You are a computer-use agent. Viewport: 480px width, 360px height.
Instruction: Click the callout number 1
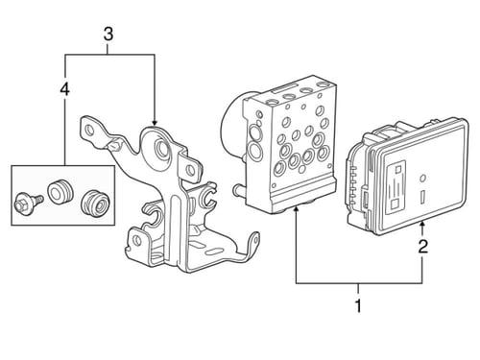click(x=358, y=306)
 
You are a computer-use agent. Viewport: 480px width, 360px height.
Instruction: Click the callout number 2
click(x=422, y=247)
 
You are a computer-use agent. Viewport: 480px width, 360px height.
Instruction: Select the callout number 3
click(x=108, y=34)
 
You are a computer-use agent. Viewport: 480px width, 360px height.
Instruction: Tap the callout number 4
click(x=65, y=88)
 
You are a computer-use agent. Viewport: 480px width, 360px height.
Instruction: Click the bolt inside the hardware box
click(x=28, y=203)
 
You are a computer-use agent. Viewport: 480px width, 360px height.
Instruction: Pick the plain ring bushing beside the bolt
click(x=60, y=192)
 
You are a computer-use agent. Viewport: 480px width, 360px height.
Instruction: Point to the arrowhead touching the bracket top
click(x=155, y=123)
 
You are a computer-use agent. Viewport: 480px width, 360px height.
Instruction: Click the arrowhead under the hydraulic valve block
click(x=297, y=209)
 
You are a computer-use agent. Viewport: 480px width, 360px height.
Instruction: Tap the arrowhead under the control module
click(x=422, y=224)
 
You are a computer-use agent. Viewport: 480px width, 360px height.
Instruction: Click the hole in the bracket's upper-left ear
click(x=88, y=131)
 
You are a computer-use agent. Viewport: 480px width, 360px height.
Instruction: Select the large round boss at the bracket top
click(x=161, y=147)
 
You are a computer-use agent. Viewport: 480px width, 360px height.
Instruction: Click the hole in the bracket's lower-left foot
click(x=136, y=240)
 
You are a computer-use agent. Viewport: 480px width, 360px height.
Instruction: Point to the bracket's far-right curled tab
click(x=254, y=242)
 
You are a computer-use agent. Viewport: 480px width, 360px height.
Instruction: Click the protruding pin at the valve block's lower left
click(x=238, y=191)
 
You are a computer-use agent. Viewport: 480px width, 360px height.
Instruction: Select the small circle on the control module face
click(x=422, y=178)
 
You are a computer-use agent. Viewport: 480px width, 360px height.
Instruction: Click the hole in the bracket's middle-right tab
click(x=191, y=169)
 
